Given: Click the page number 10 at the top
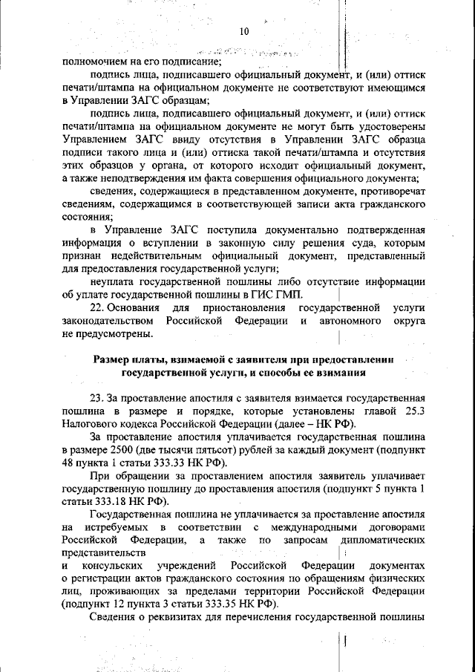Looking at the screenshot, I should tap(245, 31).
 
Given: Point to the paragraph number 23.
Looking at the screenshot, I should tap(96, 397).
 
